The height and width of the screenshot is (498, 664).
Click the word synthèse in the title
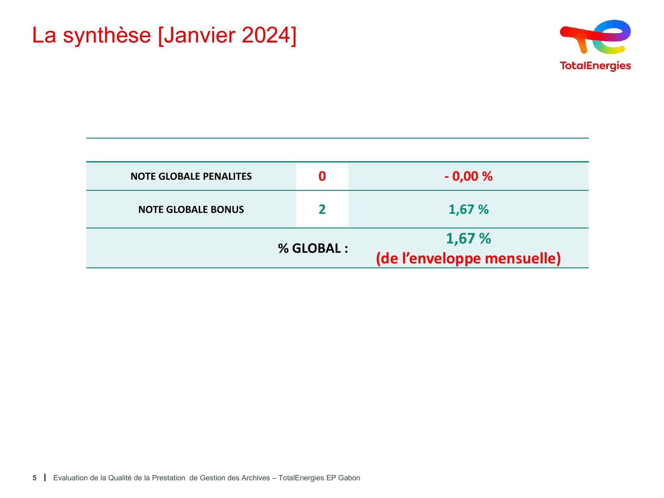(107, 36)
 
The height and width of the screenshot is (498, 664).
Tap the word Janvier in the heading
(199, 36)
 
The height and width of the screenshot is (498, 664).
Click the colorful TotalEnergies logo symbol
(595, 37)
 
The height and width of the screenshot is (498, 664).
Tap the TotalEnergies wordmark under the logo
(595, 66)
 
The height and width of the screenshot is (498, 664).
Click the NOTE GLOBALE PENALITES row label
(191, 176)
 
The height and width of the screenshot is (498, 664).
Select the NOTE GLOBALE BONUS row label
(191, 209)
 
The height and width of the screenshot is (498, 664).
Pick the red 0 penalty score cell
(322, 176)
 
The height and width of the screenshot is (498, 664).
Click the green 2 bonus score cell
(322, 209)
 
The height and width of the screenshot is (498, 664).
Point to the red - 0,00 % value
(468, 176)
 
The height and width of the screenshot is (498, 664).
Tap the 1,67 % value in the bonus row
(468, 209)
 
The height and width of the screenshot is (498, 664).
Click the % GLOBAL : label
(313, 248)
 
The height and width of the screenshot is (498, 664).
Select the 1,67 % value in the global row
(468, 238)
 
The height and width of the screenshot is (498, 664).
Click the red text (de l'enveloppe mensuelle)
(468, 259)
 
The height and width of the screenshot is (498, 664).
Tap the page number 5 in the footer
(35, 478)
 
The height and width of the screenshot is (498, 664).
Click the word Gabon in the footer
(349, 478)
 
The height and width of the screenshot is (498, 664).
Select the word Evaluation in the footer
(70, 478)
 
